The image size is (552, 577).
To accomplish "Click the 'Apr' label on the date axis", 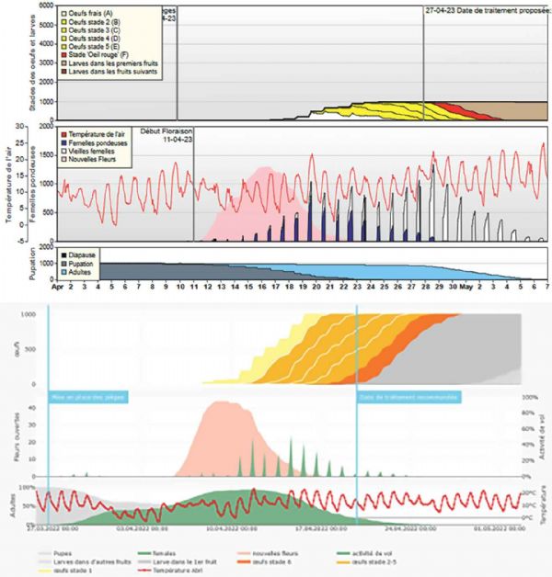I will pyautogui.click(x=57, y=287).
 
